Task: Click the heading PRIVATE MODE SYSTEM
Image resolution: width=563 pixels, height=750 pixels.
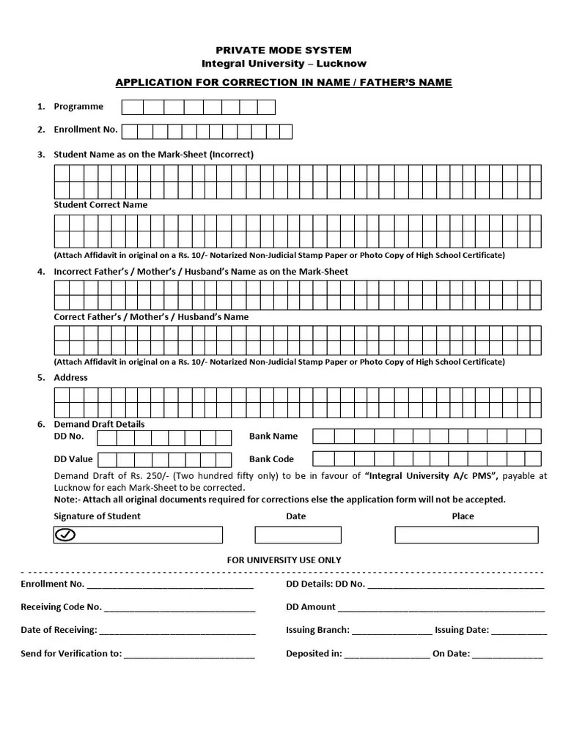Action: [283, 50]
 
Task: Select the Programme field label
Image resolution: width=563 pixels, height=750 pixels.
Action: [78, 106]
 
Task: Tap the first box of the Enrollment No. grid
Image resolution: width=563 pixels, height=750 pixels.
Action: [130, 131]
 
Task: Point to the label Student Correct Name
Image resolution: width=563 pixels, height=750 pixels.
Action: [100, 205]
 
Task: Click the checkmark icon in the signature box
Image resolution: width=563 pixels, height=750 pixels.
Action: [65, 535]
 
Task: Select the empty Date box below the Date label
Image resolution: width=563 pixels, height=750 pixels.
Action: [298, 535]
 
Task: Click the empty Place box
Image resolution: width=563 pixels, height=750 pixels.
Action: [466, 535]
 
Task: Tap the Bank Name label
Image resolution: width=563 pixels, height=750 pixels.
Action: [273, 436]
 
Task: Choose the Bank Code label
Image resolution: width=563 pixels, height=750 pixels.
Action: [271, 459]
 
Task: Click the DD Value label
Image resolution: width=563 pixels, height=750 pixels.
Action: [73, 459]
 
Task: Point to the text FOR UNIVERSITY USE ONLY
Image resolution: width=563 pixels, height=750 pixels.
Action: [284, 560]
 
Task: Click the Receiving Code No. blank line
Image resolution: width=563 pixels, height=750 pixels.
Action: [180, 608]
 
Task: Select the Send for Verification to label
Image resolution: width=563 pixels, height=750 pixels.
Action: [70, 653]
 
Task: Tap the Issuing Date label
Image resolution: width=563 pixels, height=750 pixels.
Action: [461, 630]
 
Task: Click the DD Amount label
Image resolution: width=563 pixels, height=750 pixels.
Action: [311, 607]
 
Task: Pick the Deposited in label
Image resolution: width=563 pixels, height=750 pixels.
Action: [314, 653]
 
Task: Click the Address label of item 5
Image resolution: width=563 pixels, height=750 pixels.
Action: [70, 377]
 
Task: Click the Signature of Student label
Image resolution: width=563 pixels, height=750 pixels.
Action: [97, 516]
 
